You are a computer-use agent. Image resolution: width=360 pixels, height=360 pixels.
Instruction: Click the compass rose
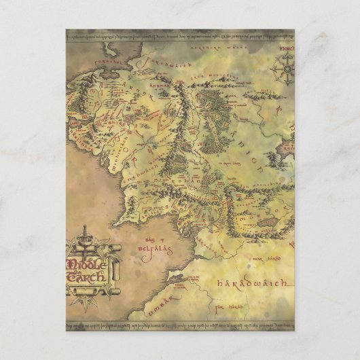tap(283, 67)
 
